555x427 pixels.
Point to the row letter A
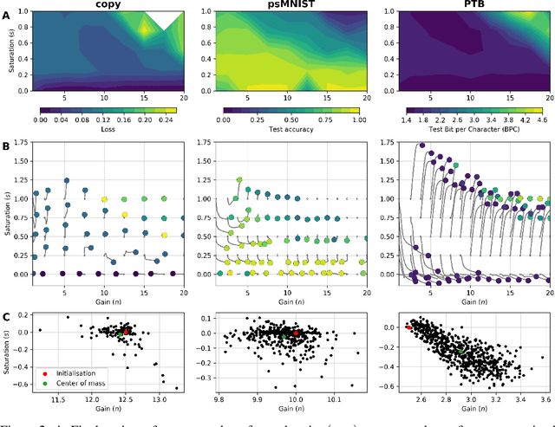tap(8, 15)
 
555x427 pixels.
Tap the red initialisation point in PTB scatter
tap(408, 327)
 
